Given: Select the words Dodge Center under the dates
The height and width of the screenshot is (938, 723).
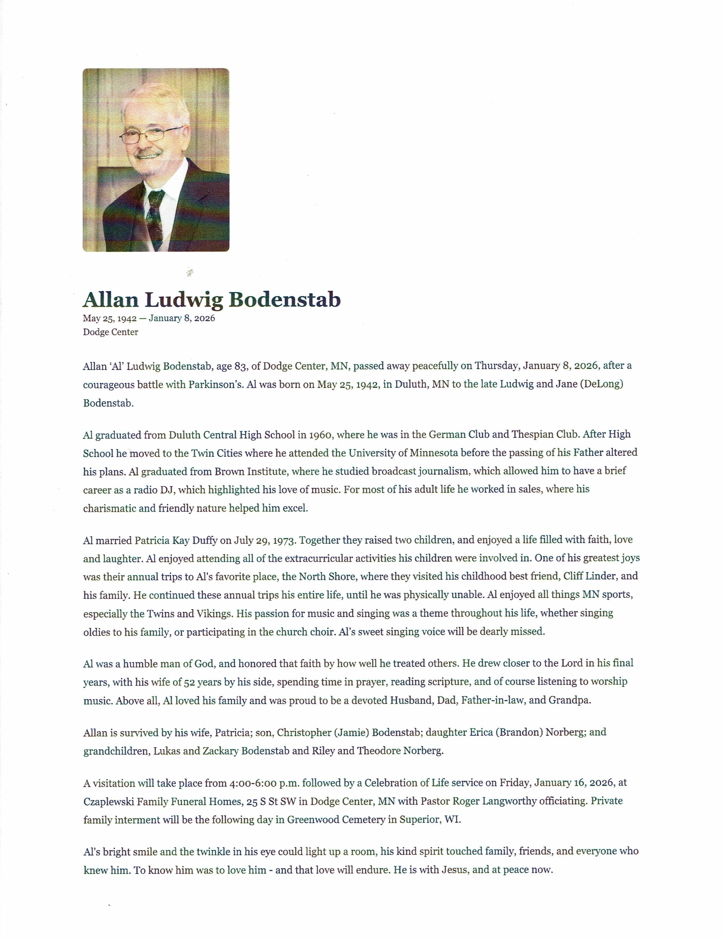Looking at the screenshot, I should point(110,332).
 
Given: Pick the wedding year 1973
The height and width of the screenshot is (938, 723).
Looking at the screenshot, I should point(285,540).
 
